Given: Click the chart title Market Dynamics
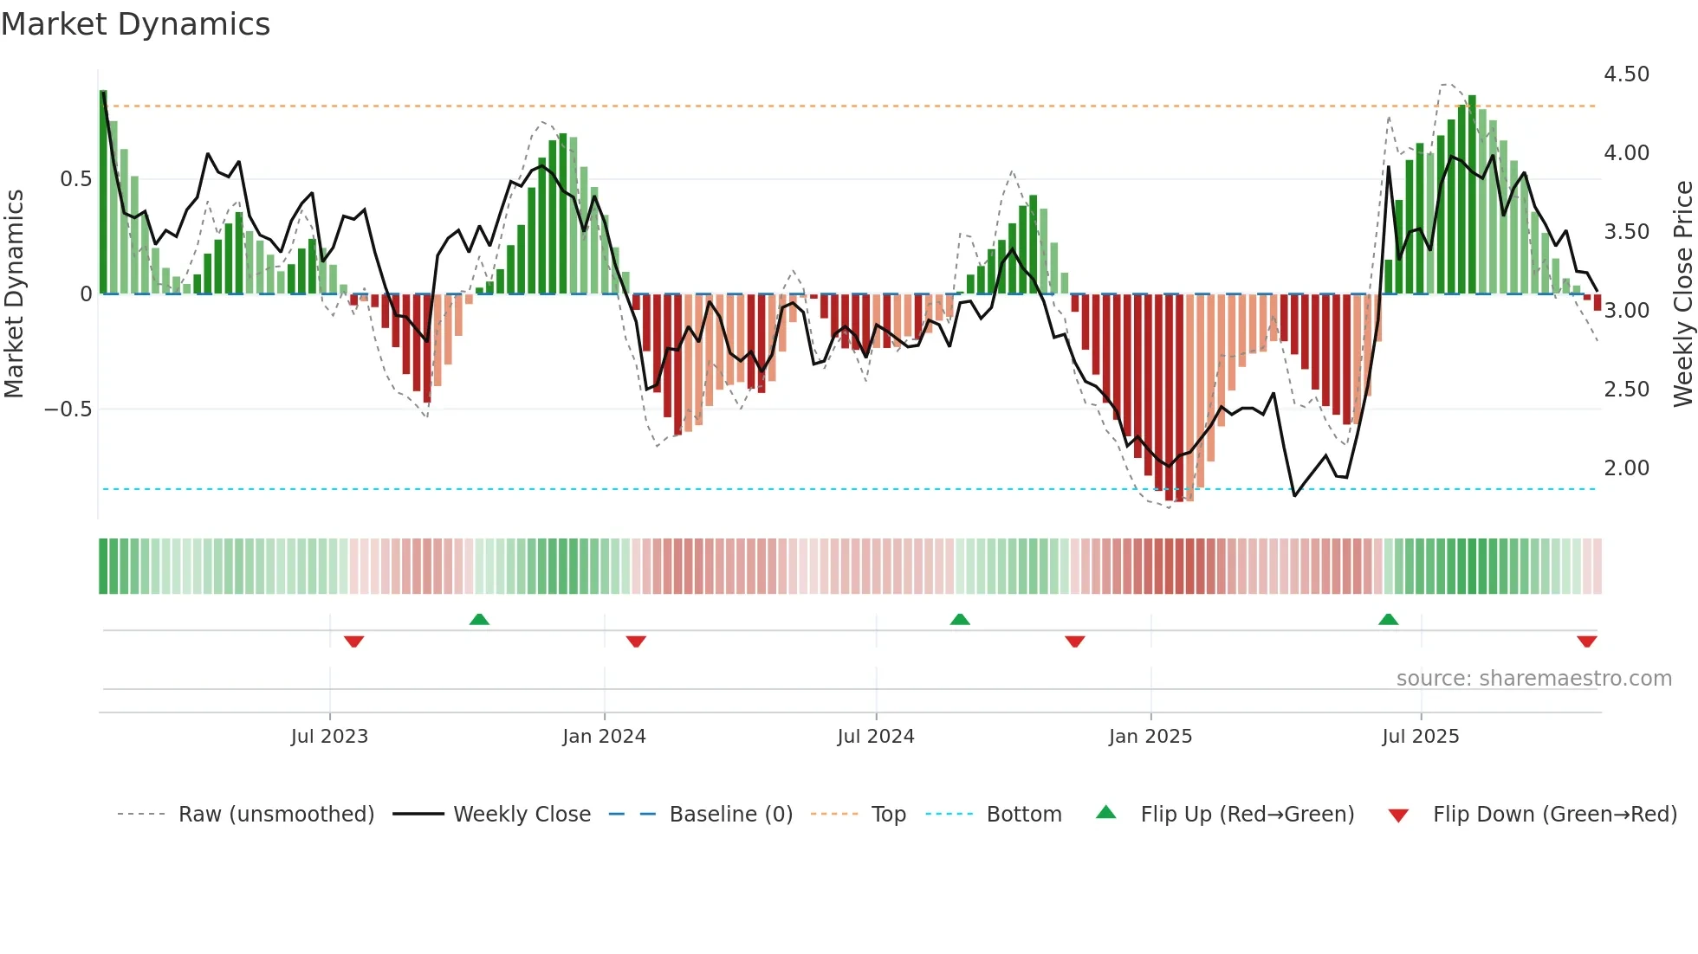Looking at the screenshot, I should [135, 24].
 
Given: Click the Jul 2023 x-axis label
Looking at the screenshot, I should [329, 737].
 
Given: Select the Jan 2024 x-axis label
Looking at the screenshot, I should [604, 737].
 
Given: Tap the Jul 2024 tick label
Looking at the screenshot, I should [876, 737].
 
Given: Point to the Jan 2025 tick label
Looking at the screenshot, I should [1150, 737].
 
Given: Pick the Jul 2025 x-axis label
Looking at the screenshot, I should [1421, 737].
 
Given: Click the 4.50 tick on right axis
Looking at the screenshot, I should [1626, 74].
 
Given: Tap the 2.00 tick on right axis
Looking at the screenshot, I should [1626, 468].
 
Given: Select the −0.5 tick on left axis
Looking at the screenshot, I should [68, 409].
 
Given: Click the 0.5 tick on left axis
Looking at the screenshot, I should [75, 179].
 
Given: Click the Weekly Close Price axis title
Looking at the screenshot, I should [1682, 293].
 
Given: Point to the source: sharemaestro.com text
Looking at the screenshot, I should [1533, 679].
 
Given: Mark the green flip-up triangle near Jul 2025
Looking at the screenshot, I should [1388, 620].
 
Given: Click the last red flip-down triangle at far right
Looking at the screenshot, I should [1586, 641].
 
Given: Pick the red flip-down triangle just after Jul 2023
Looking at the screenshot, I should [353, 641].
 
